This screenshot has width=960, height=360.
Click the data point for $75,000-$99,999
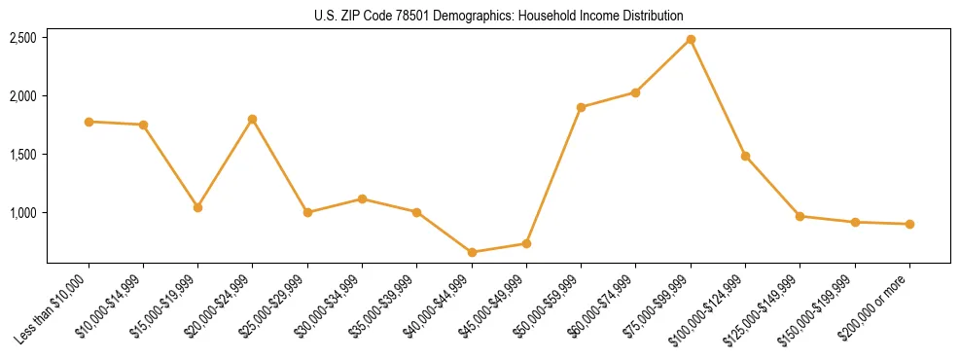click(691, 39)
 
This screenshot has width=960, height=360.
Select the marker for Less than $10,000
click(89, 122)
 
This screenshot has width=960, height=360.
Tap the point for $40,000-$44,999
click(472, 252)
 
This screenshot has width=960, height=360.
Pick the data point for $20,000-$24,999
click(253, 119)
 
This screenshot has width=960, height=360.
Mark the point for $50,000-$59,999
click(581, 107)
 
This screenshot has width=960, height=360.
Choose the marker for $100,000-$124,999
click(745, 156)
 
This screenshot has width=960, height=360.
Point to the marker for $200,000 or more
click(909, 224)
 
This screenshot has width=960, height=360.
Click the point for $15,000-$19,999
click(197, 207)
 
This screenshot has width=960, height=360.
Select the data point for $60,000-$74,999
click(635, 92)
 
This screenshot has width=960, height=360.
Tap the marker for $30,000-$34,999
click(362, 198)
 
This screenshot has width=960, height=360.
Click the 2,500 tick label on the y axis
click(23, 38)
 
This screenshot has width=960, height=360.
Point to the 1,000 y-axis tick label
click(23, 213)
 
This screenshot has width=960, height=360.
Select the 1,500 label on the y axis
click(23, 155)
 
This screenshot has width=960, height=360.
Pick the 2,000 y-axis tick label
click(23, 96)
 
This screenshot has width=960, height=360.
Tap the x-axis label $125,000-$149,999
click(764, 306)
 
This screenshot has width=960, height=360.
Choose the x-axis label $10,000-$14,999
click(109, 304)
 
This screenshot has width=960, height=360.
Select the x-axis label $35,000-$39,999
click(383, 304)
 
